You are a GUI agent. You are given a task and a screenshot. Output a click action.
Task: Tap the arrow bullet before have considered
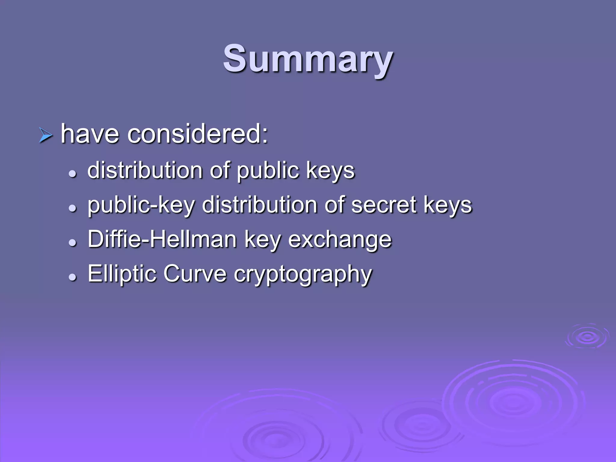pos(46,135)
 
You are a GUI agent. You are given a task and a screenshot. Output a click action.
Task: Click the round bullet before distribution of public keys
pos(72,174)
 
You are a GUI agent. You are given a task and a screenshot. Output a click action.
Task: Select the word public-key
pos(141,205)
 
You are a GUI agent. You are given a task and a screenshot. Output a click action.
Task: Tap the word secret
pos(384,205)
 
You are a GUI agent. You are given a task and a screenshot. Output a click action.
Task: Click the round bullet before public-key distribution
pos(72,208)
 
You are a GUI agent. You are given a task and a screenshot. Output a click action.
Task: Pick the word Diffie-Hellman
pos(162,239)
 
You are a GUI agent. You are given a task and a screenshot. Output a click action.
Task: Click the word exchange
pos(340,240)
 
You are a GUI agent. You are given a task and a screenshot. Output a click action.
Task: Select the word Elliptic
pos(122,274)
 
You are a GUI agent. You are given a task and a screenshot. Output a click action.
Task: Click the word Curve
pos(195,274)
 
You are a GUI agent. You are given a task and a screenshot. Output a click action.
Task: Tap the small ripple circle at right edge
pos(587,337)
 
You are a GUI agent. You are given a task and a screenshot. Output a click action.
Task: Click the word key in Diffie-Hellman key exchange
pos(262,240)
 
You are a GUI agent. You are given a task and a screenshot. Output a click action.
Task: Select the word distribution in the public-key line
pos(259,205)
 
